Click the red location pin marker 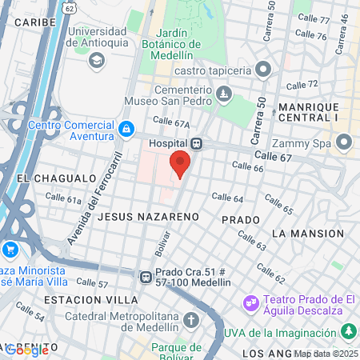click(x=180, y=162)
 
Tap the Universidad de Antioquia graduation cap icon click(x=97, y=61)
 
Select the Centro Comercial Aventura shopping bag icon click(x=126, y=129)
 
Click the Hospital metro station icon click(x=197, y=143)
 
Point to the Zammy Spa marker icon click(x=345, y=143)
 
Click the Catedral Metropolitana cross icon click(x=190, y=321)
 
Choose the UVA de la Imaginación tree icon click(x=349, y=331)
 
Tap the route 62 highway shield click(x=70, y=8)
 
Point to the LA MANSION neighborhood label click(x=307, y=234)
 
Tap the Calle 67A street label click(x=173, y=124)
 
